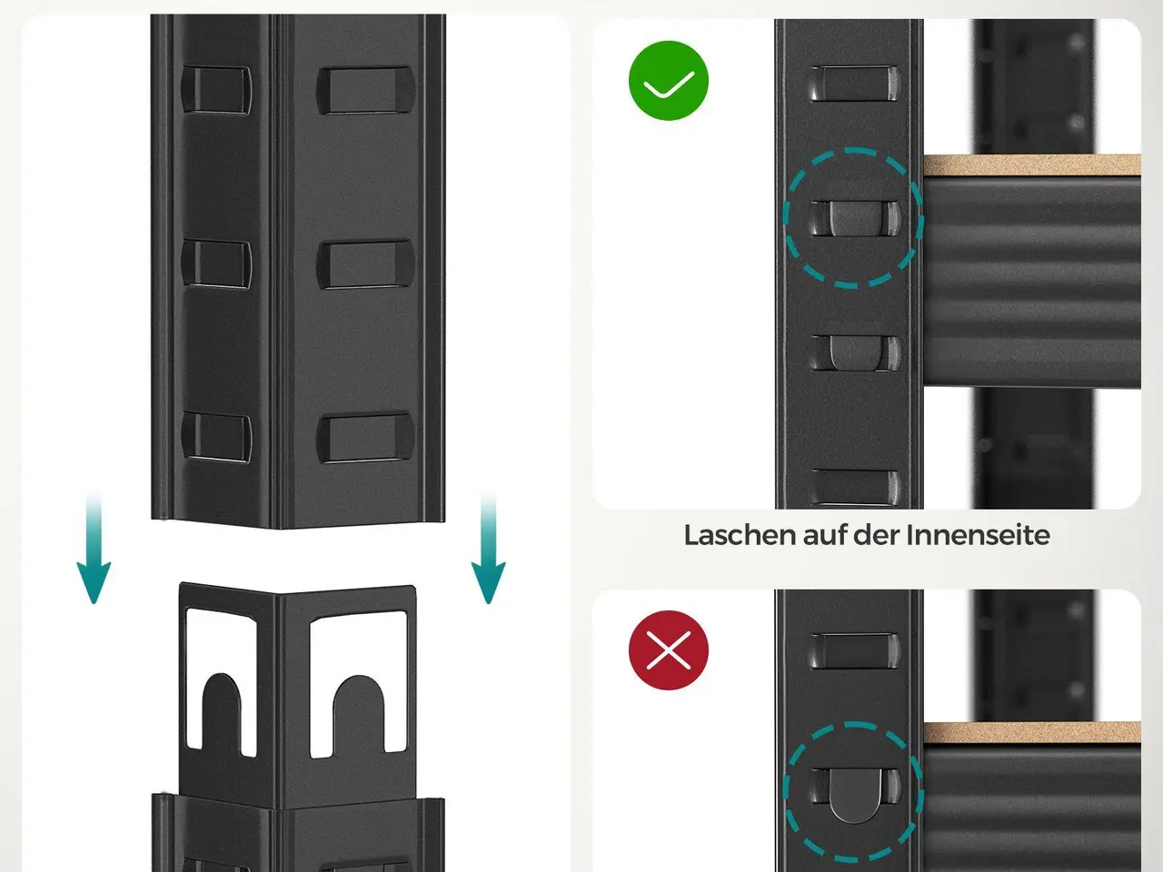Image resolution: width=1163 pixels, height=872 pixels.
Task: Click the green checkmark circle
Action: click(x=668, y=81)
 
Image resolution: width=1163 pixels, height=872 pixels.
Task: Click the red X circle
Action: click(x=668, y=649)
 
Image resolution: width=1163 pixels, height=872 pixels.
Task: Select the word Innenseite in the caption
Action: click(x=978, y=535)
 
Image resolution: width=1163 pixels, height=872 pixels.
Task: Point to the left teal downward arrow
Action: click(x=94, y=548)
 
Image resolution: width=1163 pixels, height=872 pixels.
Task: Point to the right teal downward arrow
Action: click(x=488, y=548)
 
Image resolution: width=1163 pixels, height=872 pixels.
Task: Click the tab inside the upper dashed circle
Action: click(x=855, y=218)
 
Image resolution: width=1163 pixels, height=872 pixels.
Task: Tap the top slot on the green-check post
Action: click(x=855, y=84)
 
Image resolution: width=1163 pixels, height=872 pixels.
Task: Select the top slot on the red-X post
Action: click(x=855, y=650)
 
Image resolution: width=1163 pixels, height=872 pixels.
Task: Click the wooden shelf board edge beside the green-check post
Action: click(x=1032, y=165)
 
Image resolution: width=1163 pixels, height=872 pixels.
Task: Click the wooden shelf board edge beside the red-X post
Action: click(x=1032, y=732)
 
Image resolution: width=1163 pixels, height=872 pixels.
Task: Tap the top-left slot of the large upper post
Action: click(x=216, y=90)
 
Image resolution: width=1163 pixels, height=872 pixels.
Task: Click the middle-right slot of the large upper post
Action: click(x=365, y=264)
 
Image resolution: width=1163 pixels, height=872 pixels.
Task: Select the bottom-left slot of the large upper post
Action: click(x=216, y=437)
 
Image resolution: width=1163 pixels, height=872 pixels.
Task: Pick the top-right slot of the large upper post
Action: click(x=365, y=90)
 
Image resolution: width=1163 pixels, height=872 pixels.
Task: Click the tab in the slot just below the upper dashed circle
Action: click(x=855, y=352)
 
